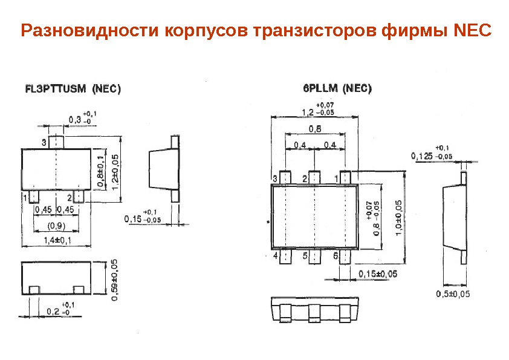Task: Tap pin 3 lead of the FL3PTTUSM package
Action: (x=56, y=142)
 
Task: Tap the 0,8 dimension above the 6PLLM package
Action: (x=314, y=128)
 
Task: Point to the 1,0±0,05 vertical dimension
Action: (x=398, y=223)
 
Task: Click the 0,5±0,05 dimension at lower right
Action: (x=453, y=294)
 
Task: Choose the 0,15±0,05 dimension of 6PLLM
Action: (x=378, y=274)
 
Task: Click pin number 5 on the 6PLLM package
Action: (x=306, y=256)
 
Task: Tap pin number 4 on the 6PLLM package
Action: (x=276, y=256)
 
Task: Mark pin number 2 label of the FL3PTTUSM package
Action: (x=70, y=198)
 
